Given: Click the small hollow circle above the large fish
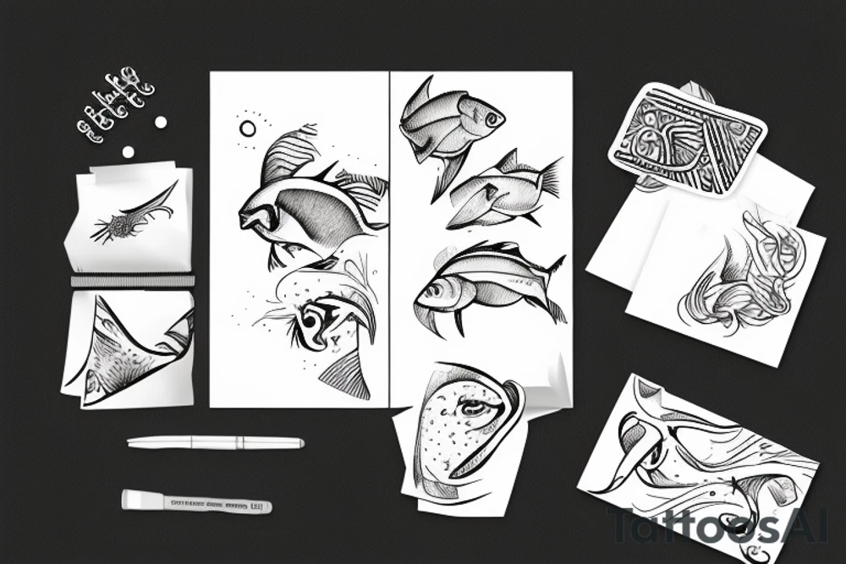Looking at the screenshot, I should (x=248, y=129).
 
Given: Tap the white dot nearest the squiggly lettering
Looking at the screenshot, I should (x=160, y=123).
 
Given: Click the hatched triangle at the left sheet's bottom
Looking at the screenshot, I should (x=349, y=376).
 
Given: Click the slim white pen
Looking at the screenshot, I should (x=215, y=442).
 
